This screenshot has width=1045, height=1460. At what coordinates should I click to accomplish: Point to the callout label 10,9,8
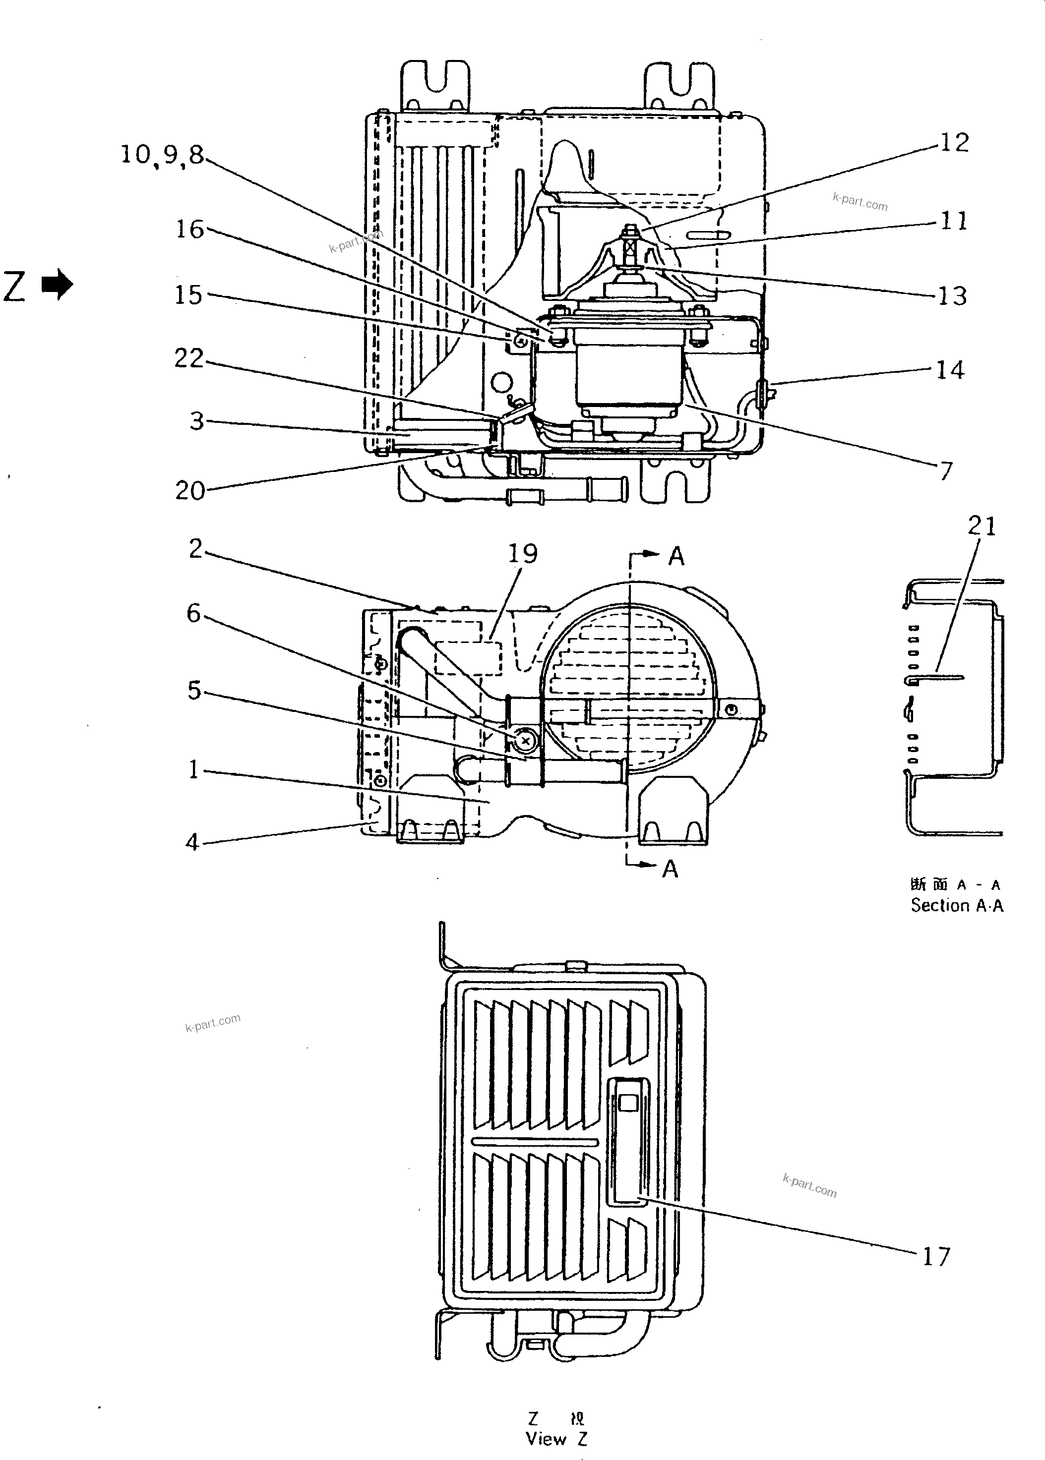(162, 155)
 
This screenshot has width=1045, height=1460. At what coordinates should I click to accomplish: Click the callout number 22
(189, 358)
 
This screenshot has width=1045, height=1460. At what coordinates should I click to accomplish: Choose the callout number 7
(945, 471)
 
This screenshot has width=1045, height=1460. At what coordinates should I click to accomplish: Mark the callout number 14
(950, 370)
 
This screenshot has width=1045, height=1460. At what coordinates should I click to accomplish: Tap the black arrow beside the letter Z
(57, 285)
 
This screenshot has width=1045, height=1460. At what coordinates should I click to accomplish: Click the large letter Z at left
(15, 286)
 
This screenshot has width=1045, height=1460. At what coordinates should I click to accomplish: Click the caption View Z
(556, 1439)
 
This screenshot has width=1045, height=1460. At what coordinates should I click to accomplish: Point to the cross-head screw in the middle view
(526, 742)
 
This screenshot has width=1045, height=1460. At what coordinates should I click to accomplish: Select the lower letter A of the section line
(671, 869)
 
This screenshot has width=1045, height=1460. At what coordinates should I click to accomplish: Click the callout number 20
(190, 491)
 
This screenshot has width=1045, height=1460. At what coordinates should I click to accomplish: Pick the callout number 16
(190, 229)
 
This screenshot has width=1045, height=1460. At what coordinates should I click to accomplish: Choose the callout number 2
(195, 549)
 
